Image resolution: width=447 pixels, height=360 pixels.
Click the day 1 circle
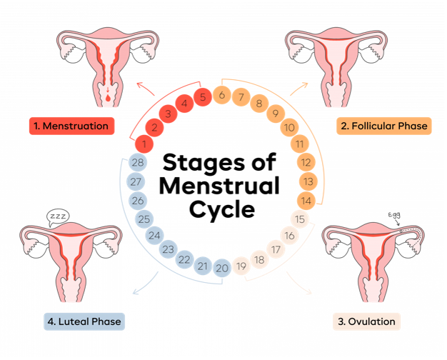point(145,145)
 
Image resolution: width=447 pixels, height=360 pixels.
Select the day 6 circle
point(222,95)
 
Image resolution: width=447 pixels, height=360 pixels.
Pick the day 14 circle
point(306,201)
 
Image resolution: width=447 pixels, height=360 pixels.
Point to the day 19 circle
point(241,267)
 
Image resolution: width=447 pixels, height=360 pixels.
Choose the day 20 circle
point(222,269)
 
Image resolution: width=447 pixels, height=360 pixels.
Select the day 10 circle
point(289,129)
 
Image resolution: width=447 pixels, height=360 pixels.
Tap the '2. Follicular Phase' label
point(383,126)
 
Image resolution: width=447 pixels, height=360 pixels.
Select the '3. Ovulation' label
point(367,321)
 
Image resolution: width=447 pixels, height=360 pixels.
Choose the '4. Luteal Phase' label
point(84,321)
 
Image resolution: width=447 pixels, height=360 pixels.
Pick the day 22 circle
point(184,259)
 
